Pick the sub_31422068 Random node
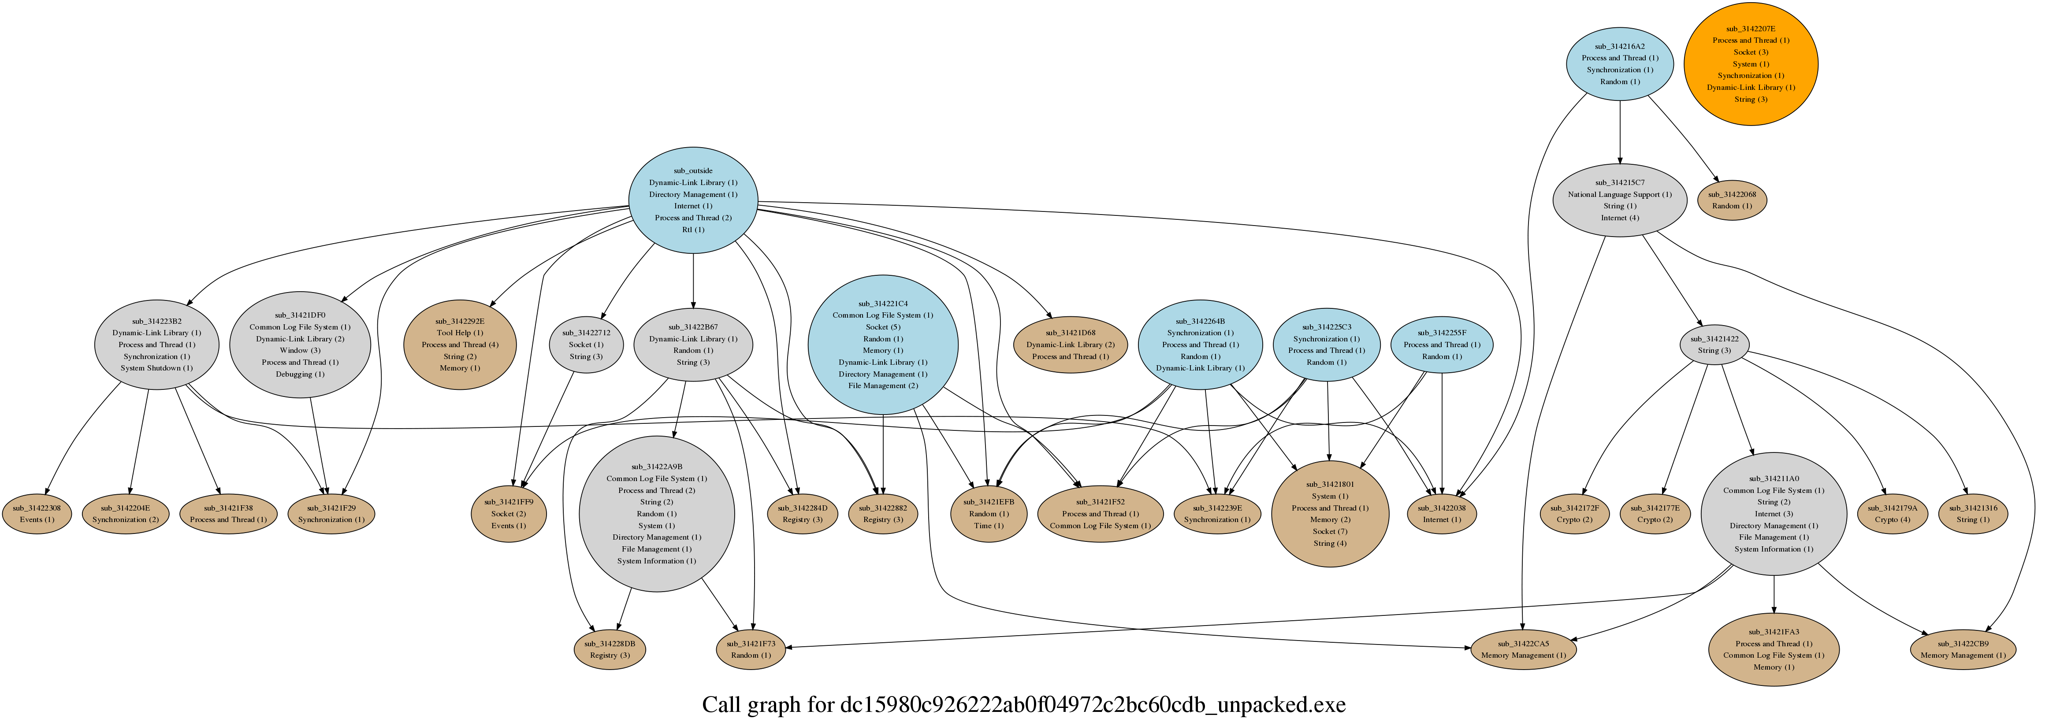1732,200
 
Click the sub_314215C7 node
1619,200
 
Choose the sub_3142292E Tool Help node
460,344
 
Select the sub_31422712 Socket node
585,344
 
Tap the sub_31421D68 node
1070,344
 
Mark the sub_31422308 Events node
37,514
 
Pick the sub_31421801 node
1330,514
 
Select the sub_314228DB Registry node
609,649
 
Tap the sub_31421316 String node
1973,514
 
